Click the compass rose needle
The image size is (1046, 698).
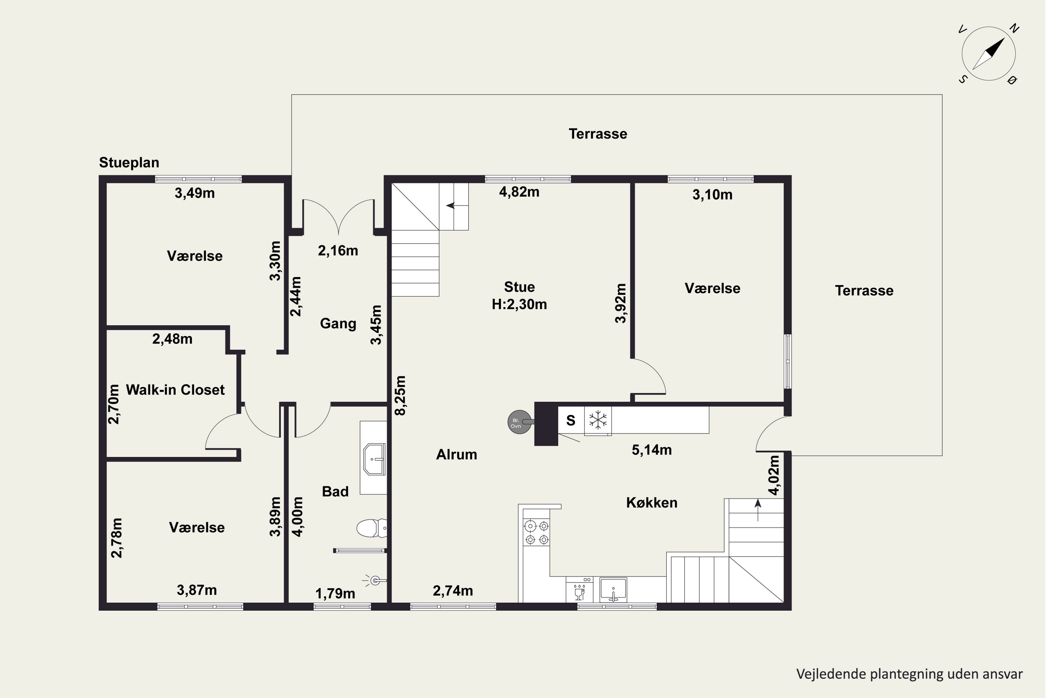[x=988, y=54]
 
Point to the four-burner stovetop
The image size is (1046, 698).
[x=537, y=533]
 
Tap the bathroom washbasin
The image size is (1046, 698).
[x=374, y=459]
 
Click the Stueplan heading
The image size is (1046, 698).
[x=129, y=163]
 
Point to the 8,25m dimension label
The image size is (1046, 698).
[x=400, y=396]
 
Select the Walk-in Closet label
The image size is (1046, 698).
[x=175, y=390]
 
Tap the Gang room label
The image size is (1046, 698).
[x=338, y=324]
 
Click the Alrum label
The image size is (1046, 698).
[x=457, y=454]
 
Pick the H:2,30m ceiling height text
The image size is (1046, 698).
[x=519, y=304]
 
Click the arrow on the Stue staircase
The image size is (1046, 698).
[x=457, y=205]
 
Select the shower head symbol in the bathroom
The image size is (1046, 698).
[x=374, y=580]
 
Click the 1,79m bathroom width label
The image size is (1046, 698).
[x=335, y=593]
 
